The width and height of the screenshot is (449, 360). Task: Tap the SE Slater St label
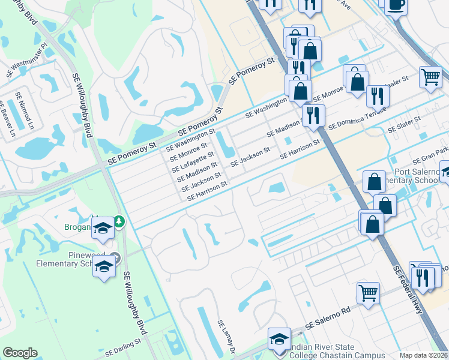[405, 124]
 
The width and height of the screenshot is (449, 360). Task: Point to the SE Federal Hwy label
[409, 290]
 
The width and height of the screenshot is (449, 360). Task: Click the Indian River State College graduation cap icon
[279, 337]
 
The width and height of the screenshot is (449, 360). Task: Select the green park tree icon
[119, 221]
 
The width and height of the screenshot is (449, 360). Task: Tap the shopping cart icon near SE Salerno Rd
[368, 293]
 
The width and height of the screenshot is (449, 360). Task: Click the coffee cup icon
[396, 5]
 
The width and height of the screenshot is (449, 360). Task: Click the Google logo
[20, 352]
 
